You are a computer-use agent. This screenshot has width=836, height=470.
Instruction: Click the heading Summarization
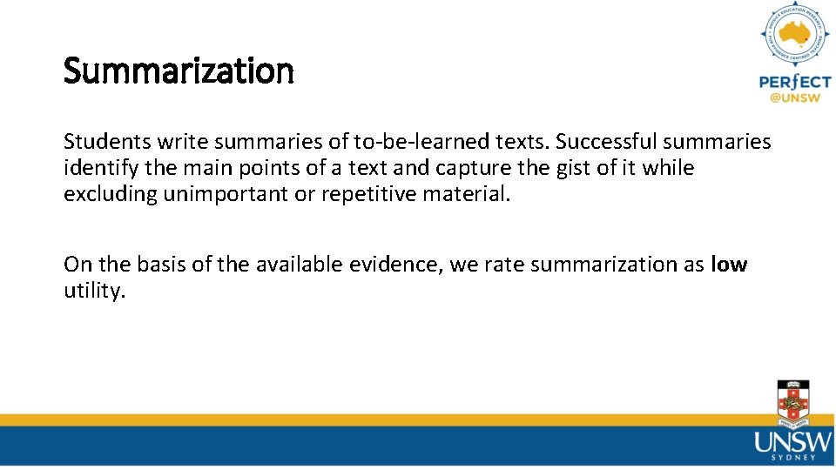[179, 71]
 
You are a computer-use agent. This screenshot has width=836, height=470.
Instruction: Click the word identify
[95, 168]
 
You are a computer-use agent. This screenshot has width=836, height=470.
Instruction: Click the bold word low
[729, 265]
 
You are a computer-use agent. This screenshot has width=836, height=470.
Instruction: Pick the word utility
[94, 292]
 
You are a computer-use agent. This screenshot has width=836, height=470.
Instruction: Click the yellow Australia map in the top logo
[794, 36]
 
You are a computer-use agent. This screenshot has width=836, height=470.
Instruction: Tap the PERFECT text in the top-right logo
[794, 82]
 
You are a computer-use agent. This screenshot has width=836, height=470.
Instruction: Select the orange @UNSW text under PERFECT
[794, 98]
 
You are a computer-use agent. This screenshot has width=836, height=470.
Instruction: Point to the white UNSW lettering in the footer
[792, 442]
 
